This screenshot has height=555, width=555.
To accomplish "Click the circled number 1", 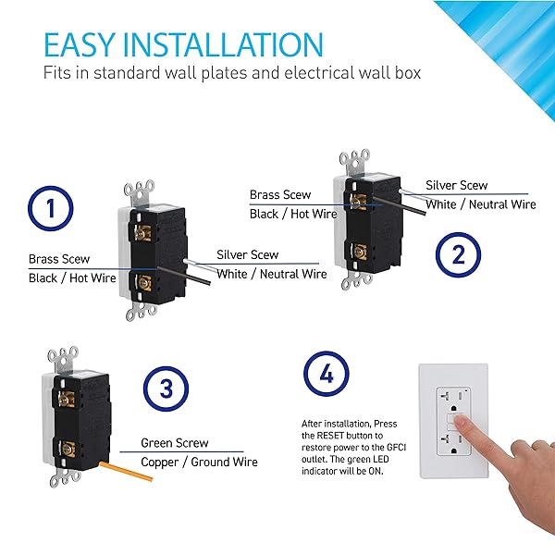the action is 51,208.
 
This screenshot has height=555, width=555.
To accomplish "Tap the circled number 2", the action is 458,254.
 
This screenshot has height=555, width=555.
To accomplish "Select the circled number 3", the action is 166,388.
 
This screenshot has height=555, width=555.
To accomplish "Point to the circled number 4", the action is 327,374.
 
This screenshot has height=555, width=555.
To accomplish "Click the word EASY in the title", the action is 79,44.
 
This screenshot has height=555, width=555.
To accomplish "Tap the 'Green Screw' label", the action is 175,443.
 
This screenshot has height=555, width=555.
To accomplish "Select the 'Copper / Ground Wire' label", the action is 199,462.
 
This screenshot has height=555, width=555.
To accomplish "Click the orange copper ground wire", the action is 126,471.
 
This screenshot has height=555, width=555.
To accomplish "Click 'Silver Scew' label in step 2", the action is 457,185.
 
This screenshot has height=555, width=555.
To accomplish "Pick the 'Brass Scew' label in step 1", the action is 59,259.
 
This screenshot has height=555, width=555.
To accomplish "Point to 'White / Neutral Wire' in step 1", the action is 271,274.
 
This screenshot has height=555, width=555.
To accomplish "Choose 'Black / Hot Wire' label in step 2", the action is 293,214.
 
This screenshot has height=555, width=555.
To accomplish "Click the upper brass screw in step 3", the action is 65,400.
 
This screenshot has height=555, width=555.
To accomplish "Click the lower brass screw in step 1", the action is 143,283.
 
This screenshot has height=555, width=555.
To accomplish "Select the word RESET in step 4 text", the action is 330,436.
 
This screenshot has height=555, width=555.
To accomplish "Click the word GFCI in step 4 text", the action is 396,448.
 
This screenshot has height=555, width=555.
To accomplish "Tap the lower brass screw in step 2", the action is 359,252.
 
